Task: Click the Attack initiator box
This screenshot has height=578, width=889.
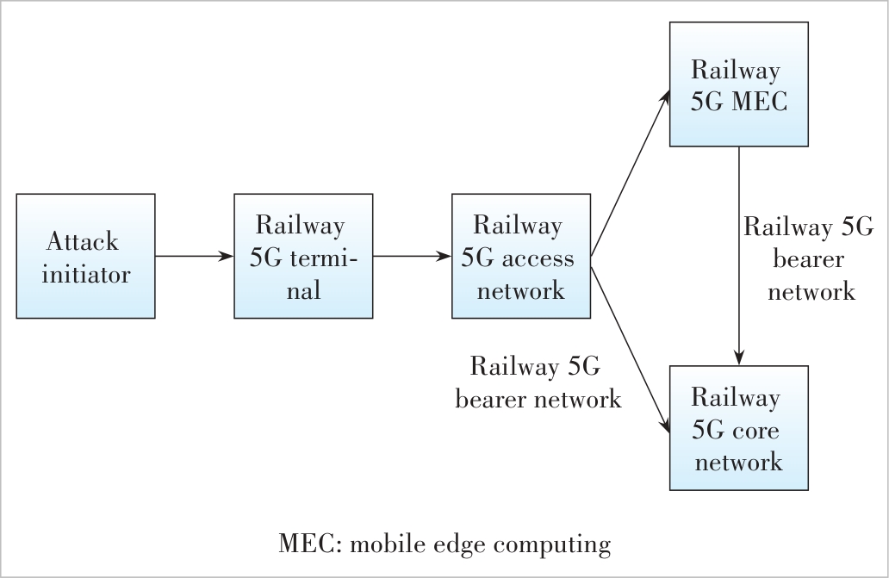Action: point(85,256)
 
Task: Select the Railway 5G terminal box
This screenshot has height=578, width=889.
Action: point(302,256)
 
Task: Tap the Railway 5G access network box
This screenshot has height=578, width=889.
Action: point(520,256)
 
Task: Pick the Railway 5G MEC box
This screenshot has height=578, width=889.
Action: point(738,84)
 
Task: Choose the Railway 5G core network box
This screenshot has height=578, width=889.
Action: point(738,428)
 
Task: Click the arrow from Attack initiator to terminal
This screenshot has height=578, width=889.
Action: point(194,256)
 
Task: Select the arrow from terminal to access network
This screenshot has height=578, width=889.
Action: point(412,256)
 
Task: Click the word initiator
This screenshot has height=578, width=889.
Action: point(85,275)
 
